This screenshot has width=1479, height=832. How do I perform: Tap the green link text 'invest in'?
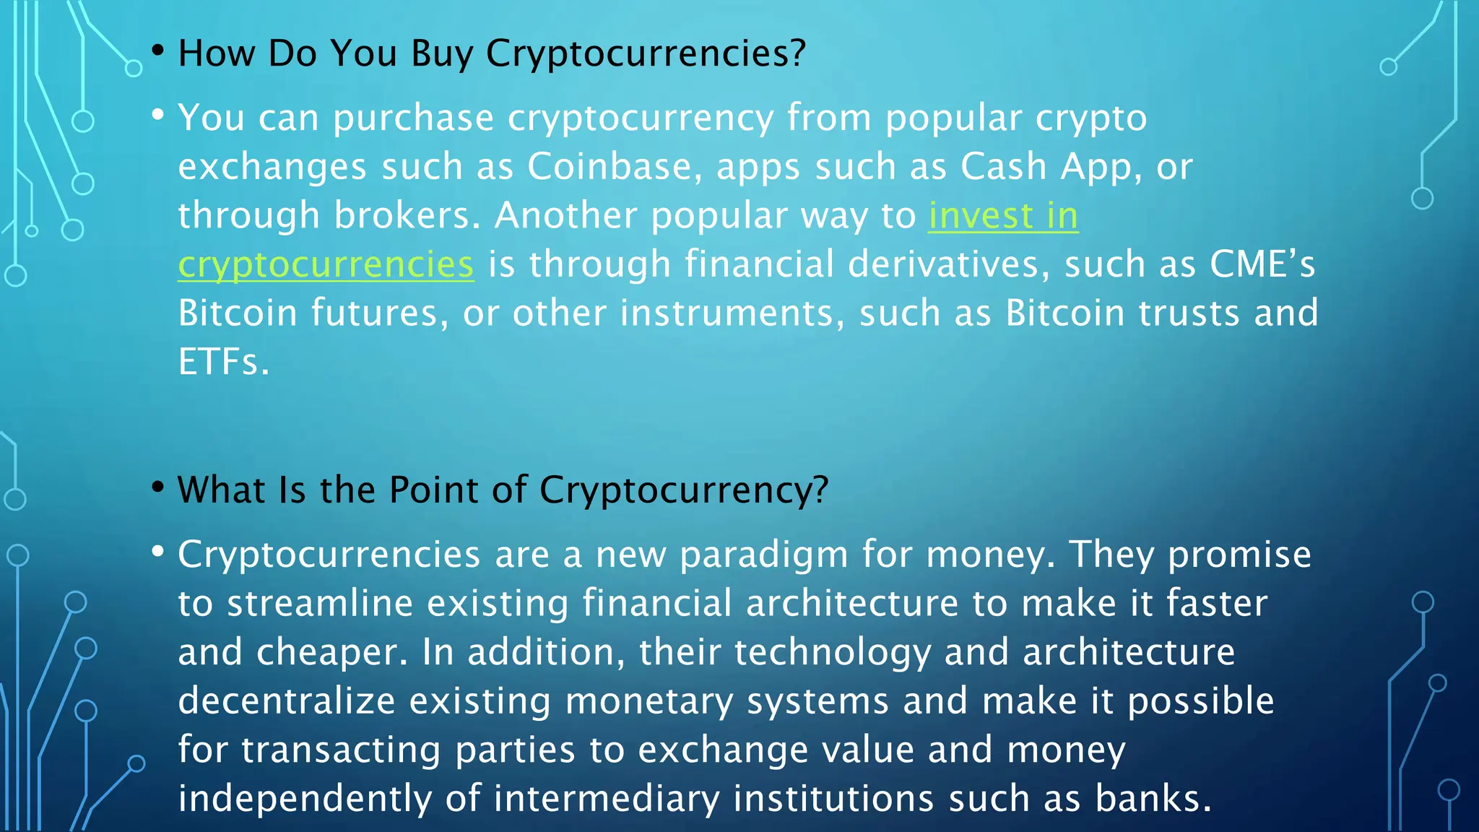[1003, 216]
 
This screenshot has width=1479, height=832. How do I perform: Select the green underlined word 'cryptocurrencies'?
[326, 264]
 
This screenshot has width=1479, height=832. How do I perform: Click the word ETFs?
[222, 362]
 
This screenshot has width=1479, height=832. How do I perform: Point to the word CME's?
[1262, 264]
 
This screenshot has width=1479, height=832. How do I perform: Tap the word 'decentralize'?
[287, 701]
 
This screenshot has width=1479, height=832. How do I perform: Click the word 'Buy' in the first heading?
[442, 54]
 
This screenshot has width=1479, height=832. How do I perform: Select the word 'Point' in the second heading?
[434, 490]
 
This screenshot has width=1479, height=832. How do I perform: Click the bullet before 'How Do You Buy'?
[158, 51]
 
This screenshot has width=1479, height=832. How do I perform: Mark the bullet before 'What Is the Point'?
[158, 487]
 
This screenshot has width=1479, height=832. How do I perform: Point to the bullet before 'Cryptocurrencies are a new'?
[158, 552]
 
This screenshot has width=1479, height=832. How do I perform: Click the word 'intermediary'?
[606, 799]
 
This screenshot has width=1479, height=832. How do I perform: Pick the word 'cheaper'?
[326, 653]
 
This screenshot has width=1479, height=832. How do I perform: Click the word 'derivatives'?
[942, 264]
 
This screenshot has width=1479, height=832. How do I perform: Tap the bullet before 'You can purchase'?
[158, 115]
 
